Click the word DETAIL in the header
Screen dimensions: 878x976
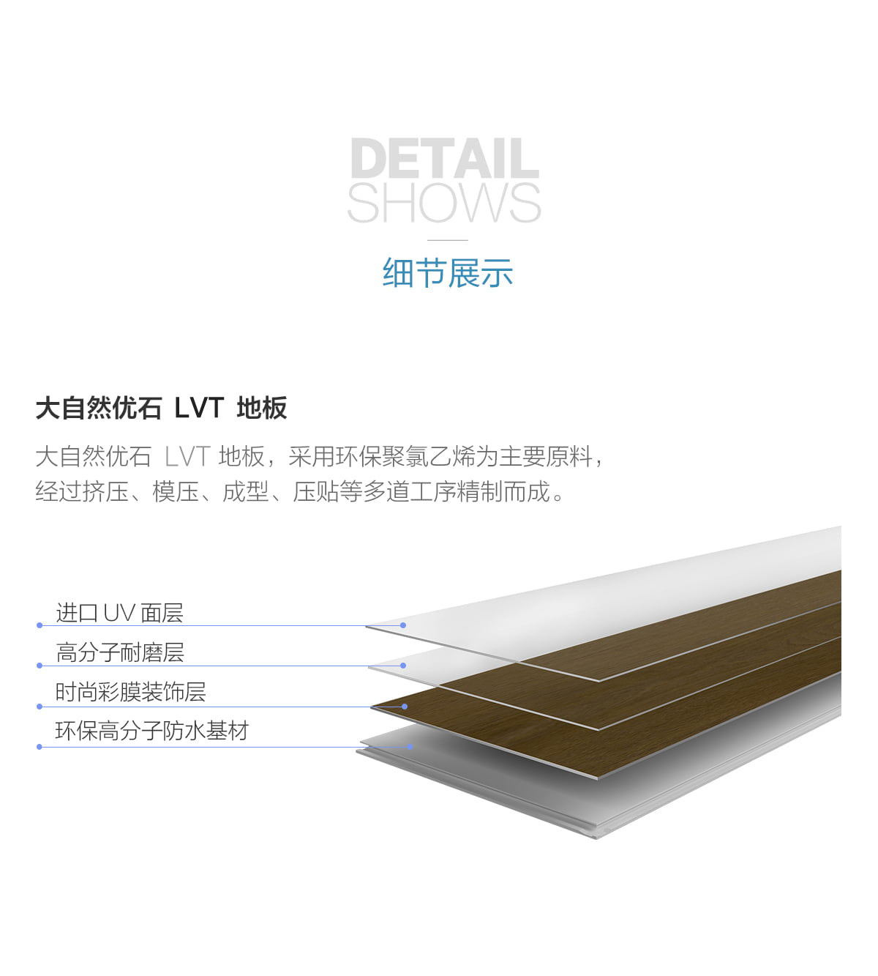click(x=445, y=158)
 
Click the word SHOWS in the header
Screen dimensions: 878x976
click(x=444, y=203)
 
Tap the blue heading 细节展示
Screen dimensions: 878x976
click(x=448, y=273)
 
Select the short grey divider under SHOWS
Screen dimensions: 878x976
click(x=448, y=240)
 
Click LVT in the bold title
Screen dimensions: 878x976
click(x=199, y=408)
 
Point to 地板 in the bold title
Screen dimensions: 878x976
click(x=262, y=408)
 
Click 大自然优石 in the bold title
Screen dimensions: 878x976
click(x=99, y=408)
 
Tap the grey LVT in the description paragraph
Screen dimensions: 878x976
click(x=187, y=456)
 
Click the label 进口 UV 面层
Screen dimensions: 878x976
click(x=120, y=613)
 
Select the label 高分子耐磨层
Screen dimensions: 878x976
click(x=120, y=652)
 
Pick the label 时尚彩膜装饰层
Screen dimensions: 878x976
click(x=130, y=692)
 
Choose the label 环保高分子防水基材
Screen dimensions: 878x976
click(x=151, y=731)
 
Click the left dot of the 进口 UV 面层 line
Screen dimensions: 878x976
click(x=40, y=625)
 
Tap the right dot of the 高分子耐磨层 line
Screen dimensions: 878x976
click(x=403, y=666)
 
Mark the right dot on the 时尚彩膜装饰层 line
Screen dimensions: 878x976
click(x=405, y=707)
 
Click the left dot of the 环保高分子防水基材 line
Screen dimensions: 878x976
click(x=40, y=747)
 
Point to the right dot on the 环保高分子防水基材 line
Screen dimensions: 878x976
click(x=410, y=747)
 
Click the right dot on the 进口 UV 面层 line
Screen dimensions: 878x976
click(x=403, y=625)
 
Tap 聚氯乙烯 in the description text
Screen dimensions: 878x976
click(x=428, y=456)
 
